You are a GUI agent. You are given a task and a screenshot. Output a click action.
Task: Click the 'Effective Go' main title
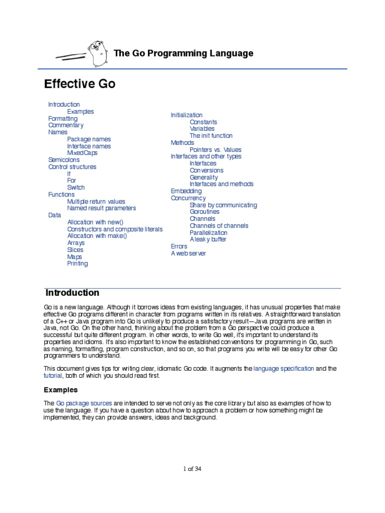[80, 84]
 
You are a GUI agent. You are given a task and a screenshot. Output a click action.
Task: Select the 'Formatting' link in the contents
[63, 118]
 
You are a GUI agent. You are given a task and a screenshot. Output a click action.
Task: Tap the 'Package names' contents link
[89, 139]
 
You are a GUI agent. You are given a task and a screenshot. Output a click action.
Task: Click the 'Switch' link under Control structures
[76, 187]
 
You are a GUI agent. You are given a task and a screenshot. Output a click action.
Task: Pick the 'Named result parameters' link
[101, 208]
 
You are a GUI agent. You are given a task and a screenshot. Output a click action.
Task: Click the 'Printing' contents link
[77, 264]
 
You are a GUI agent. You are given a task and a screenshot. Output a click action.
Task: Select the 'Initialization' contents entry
[186, 115]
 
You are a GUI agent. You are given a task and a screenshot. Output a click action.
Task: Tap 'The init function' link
[211, 136]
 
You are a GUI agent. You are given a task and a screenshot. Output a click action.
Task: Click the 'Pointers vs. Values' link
[215, 149]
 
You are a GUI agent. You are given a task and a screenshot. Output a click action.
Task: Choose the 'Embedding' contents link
[186, 191]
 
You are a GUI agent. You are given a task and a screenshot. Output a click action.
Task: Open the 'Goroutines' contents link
[205, 211]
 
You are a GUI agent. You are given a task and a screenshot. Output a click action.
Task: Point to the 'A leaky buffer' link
[208, 239]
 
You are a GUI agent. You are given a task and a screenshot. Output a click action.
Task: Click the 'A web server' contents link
[188, 253]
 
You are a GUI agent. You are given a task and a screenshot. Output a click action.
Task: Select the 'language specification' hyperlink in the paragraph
[284, 368]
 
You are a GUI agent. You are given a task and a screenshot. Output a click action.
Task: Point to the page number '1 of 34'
[192, 469]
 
